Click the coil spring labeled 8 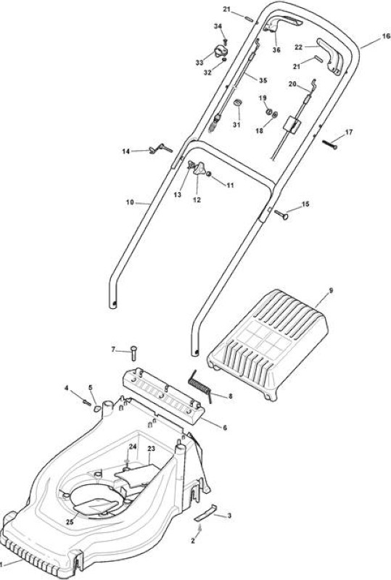point(200,386)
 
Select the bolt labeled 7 point(133,353)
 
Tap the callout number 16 point(386,36)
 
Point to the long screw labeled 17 point(329,144)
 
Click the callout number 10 point(130,202)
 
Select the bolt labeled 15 point(281,215)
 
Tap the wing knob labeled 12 point(198,169)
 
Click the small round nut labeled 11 point(209,174)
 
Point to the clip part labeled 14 point(160,149)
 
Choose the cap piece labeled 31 point(237,103)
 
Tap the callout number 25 point(70,522)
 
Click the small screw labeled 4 point(87,402)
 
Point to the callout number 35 point(263,80)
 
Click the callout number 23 point(151,449)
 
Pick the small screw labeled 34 point(225,42)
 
